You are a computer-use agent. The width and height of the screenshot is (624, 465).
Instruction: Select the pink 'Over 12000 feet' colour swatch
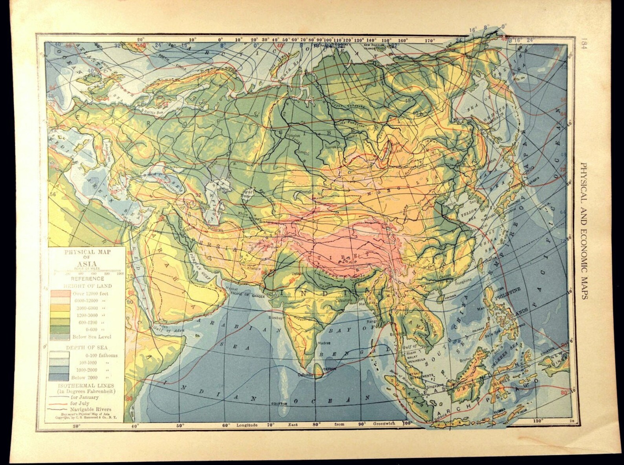(60, 294)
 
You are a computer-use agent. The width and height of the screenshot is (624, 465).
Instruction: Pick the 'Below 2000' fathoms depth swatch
(60, 377)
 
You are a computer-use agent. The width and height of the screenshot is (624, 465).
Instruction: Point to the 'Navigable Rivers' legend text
(90, 409)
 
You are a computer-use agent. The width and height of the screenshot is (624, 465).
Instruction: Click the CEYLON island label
(329, 369)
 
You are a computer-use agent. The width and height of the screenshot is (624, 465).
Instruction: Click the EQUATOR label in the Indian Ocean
(279, 404)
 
